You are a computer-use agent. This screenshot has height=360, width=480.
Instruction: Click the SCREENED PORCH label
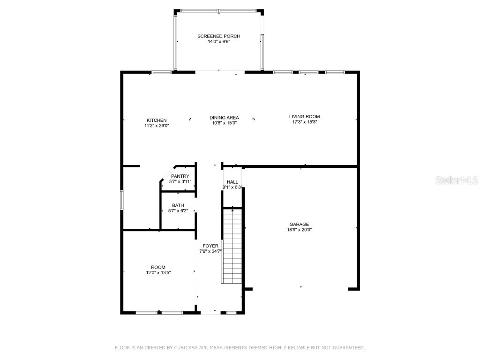point(218,36)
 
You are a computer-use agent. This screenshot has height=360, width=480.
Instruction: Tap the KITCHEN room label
point(157,120)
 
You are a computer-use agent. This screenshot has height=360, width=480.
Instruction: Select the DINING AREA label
point(224,118)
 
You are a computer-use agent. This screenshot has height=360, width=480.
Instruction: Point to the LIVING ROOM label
point(304,116)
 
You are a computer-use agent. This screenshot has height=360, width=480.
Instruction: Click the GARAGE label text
point(299,224)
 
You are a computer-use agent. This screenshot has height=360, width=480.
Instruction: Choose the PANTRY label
point(180,176)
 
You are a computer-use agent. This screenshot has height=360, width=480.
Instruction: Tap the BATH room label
point(178,205)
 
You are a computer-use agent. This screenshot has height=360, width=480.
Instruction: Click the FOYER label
point(210,246)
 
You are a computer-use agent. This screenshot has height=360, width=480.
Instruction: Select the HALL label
point(232,182)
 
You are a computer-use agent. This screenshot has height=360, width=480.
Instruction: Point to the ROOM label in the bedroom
point(158,267)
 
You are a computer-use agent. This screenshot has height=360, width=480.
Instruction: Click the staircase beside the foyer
point(232,246)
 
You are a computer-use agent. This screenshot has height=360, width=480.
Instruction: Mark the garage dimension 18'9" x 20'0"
point(299,230)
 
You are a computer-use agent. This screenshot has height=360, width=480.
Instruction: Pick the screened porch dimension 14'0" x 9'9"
point(218,42)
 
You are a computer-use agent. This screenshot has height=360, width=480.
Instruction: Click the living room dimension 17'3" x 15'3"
point(304,122)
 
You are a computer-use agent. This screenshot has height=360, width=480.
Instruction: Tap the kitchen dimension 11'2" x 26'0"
point(157,126)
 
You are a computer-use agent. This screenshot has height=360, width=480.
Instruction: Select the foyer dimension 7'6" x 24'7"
point(210,251)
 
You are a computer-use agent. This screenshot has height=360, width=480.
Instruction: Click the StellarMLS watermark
point(457,180)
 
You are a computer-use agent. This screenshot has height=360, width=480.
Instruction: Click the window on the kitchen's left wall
point(121,200)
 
